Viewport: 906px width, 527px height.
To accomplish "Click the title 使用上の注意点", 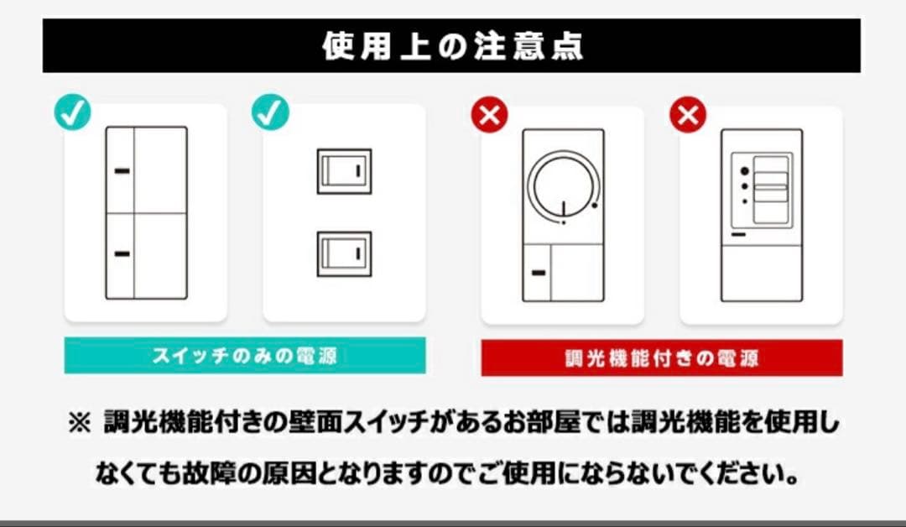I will [x=452, y=46].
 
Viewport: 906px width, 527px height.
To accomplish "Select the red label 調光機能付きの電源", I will [x=661, y=359].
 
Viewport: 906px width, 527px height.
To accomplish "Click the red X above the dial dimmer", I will [x=490, y=115].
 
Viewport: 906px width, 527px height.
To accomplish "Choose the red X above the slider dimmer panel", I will [x=688, y=115].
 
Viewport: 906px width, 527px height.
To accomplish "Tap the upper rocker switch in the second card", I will [x=344, y=171].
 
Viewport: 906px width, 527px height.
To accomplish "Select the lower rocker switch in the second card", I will [x=344, y=253].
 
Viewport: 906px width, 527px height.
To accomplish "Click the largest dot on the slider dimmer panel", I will [x=743, y=170].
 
